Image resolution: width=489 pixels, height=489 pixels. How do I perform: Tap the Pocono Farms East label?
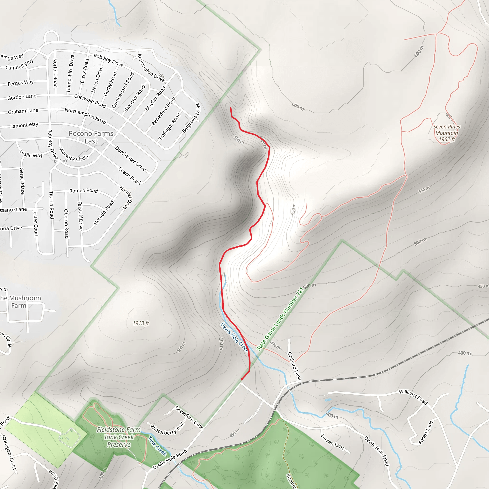(91, 137)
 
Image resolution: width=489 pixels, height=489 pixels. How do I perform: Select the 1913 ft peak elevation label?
(141, 323)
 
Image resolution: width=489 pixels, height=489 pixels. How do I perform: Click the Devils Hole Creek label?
(234, 337)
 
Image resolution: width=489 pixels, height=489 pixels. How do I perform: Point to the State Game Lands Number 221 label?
(279, 319)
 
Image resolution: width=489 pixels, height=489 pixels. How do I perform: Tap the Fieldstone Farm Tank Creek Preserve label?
(118, 437)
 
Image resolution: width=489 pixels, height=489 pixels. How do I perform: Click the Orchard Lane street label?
(294, 366)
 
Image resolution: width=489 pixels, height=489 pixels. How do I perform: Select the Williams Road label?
(413, 397)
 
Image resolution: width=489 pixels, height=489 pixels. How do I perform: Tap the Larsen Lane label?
(332, 442)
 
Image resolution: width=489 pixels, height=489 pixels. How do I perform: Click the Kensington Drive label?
(151, 68)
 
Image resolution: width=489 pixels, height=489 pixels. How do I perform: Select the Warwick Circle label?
(73, 155)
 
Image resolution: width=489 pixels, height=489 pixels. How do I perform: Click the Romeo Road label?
(84, 191)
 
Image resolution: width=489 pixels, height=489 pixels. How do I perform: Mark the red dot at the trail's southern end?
(242, 379)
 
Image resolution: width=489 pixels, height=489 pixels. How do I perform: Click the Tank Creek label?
(157, 446)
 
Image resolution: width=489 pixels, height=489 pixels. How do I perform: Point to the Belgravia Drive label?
(191, 118)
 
